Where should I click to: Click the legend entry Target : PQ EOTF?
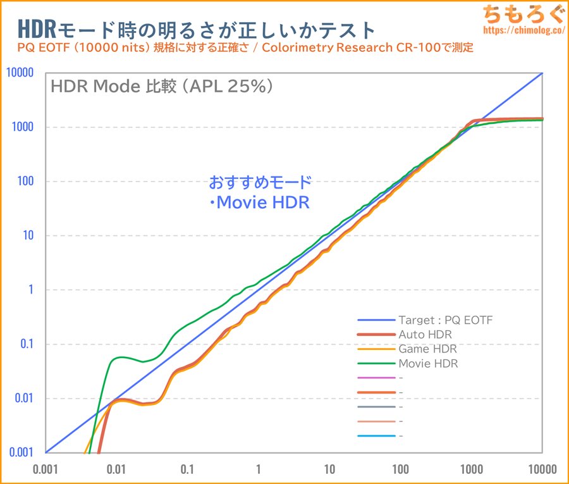[445, 320]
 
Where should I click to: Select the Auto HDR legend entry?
[425, 334]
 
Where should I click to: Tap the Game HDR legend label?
[427, 349]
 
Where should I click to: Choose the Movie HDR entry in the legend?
[428, 363]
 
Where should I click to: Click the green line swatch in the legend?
[376, 363]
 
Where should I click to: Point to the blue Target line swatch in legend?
[376, 320]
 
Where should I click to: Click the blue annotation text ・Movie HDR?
[259, 203]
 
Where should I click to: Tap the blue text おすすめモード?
[260, 183]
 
